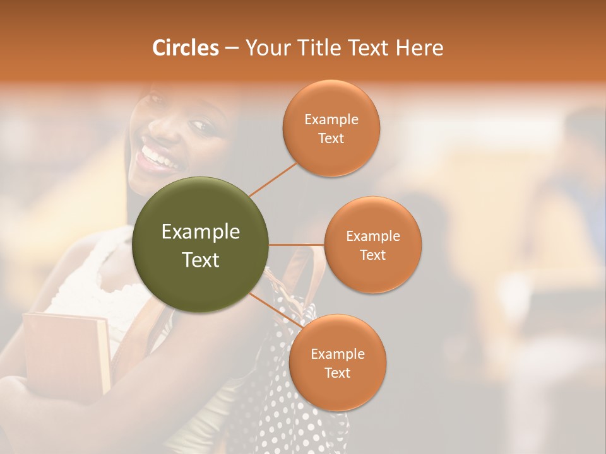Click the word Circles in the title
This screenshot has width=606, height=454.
click(x=186, y=48)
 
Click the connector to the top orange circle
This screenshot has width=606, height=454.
click(x=273, y=179)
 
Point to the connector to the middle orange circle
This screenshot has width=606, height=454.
click(x=297, y=245)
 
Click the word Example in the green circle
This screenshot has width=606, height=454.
click(x=201, y=232)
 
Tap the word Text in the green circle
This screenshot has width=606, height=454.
click(x=201, y=259)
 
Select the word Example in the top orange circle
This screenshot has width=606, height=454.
click(x=331, y=120)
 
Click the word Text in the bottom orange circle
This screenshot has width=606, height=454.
click(x=337, y=373)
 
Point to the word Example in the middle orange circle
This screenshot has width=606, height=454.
click(x=372, y=236)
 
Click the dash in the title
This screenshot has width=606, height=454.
click(x=232, y=49)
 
